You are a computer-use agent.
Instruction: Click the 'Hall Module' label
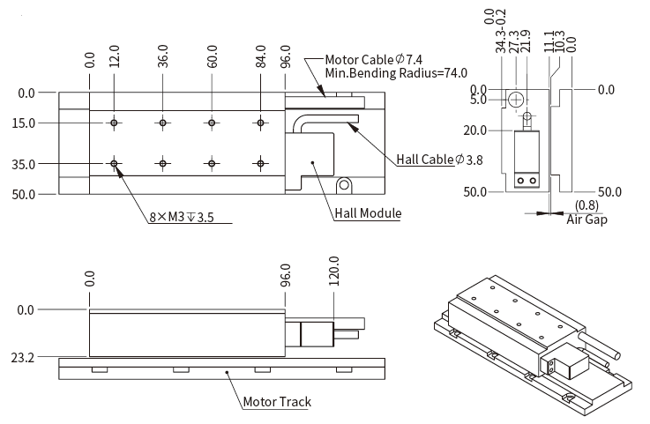pyautogui.click(x=368, y=213)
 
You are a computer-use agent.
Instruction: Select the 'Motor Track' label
pyautogui.click(x=277, y=402)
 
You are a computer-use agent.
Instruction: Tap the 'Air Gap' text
pyautogui.click(x=586, y=219)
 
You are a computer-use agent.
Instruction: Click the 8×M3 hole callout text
pyautogui.click(x=181, y=217)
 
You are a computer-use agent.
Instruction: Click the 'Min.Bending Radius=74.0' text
pyautogui.click(x=396, y=73)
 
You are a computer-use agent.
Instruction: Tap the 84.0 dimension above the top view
pyautogui.click(x=262, y=59)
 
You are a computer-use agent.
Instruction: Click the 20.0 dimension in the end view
pyautogui.click(x=476, y=130)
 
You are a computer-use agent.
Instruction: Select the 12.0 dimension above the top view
pyautogui.click(x=115, y=59)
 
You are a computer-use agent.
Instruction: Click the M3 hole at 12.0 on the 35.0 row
pyautogui.click(x=115, y=163)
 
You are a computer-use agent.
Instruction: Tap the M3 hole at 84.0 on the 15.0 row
pyautogui.click(x=260, y=123)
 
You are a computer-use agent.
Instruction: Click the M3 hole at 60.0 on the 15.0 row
pyautogui.click(x=212, y=123)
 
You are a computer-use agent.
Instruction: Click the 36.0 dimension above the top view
pyautogui.click(x=164, y=59)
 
